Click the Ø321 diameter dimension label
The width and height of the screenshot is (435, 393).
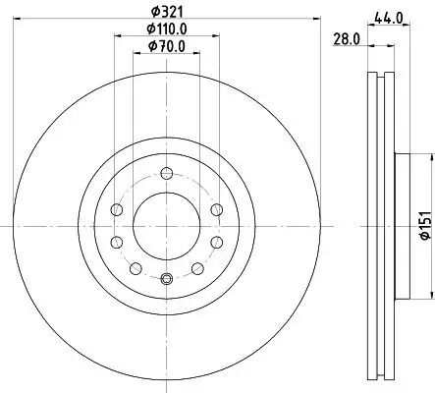167,12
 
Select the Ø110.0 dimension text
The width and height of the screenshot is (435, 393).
167,29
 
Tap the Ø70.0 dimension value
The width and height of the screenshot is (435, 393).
167,46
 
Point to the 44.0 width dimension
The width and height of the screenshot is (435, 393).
389,18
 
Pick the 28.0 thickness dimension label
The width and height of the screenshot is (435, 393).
347,39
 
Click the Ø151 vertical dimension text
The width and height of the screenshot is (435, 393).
426,226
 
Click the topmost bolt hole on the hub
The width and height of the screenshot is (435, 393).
167,173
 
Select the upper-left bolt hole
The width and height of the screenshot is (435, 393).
117,209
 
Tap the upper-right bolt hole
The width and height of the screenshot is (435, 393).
217,209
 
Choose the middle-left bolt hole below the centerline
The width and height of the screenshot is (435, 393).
117,243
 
